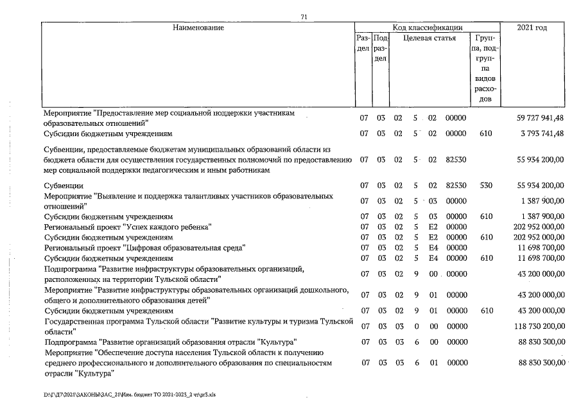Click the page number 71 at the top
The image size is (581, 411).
[304, 17]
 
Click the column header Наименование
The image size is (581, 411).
[198, 28]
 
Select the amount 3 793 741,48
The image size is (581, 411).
[541, 134]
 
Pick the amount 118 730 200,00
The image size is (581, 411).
[538, 327]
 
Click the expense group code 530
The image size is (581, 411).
[485, 186]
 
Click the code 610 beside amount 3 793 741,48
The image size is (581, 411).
[485, 134]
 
